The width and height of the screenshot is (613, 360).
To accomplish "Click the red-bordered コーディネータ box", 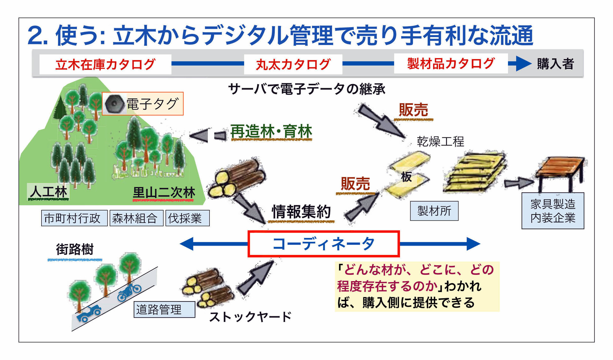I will (323, 244).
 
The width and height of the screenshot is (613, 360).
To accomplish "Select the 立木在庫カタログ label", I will (105, 64).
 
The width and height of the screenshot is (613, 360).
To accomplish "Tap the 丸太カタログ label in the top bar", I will (293, 64).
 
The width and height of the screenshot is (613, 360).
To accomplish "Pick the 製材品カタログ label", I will (451, 64).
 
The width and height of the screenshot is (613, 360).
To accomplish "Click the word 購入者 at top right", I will (555, 64).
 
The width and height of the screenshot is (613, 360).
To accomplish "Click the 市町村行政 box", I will (74, 218).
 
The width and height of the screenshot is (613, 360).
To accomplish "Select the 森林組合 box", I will (136, 218).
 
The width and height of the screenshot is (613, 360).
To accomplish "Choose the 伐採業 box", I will (187, 218).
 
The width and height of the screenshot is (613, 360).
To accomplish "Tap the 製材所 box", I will (434, 211).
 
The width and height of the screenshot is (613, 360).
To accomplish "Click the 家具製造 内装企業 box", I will (553, 211).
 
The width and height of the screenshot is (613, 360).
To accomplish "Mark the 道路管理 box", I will (164, 309).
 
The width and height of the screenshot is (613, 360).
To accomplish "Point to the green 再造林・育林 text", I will (271, 132).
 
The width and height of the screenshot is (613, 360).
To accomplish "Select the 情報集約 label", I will (301, 211).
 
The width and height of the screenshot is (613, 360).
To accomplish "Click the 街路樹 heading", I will (75, 249).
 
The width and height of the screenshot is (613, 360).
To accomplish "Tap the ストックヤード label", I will (250, 317).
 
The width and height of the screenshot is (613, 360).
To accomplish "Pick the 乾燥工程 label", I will (440, 141).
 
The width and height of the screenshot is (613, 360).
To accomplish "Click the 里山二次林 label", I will (164, 193).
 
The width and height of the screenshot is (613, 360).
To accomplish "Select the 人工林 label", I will (49, 192).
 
